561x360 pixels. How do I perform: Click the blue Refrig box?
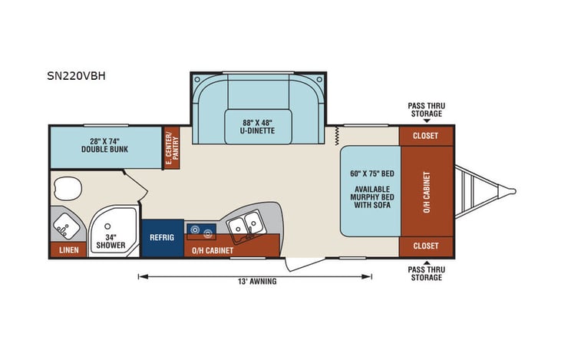pyautogui.click(x=162, y=237)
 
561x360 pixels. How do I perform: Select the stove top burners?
pyautogui.click(x=204, y=228)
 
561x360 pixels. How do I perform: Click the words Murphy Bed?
pyautogui.click(x=371, y=198)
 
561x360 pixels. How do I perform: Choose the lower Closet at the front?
pyautogui.click(x=426, y=246)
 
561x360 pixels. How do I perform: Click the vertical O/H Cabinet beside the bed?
pyautogui.click(x=426, y=190)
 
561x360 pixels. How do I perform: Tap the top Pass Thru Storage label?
pyautogui.click(x=425, y=109)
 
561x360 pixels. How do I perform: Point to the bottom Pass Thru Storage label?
pyautogui.click(x=425, y=273)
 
